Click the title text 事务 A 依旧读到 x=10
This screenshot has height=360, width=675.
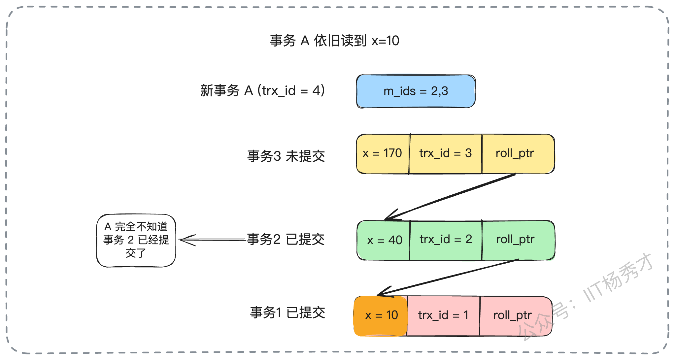(x=334, y=41)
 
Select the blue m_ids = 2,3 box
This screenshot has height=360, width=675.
(x=416, y=91)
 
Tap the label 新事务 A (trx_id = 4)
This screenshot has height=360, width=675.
(x=263, y=90)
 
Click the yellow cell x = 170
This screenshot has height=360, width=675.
(x=383, y=154)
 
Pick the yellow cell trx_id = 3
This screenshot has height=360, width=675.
(x=446, y=154)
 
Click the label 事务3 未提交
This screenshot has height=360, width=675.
(x=286, y=156)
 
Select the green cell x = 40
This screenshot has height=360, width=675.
(x=383, y=240)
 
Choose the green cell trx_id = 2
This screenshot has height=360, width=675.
(x=446, y=240)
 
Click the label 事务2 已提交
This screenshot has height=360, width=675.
(x=286, y=239)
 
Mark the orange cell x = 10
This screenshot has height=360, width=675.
(x=381, y=316)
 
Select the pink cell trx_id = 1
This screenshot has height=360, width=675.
(x=443, y=316)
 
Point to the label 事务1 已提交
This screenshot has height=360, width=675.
(x=287, y=312)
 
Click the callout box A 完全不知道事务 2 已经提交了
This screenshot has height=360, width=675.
(x=136, y=241)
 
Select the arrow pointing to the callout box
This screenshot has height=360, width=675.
(x=213, y=240)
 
